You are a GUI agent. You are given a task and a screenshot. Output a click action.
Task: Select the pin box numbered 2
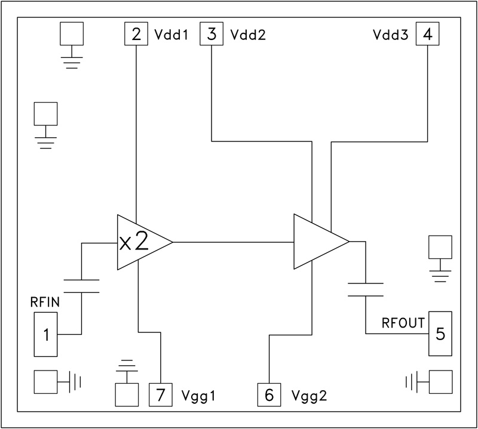pyautogui.click(x=136, y=34)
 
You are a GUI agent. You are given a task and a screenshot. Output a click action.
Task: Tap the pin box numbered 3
pyautogui.click(x=212, y=34)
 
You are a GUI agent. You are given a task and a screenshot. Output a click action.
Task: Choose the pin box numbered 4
pyautogui.click(x=427, y=34)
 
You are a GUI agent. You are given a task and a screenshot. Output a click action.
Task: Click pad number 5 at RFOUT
pyautogui.click(x=440, y=334)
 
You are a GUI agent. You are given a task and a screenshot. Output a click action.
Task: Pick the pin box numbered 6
pyautogui.click(x=269, y=394)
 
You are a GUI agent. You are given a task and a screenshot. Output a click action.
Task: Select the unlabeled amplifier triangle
pyautogui.click(x=317, y=242)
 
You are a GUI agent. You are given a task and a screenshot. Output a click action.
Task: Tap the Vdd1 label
pyautogui.click(x=172, y=35)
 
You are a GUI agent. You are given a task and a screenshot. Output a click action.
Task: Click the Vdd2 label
pyautogui.click(x=248, y=35)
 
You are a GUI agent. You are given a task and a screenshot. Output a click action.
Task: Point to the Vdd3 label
pyautogui.click(x=391, y=35)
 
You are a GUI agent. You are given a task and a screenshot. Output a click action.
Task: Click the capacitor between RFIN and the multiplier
pyautogui.click(x=81, y=286)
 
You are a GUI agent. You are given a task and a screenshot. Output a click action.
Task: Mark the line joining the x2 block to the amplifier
pyautogui.click(x=233, y=242)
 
